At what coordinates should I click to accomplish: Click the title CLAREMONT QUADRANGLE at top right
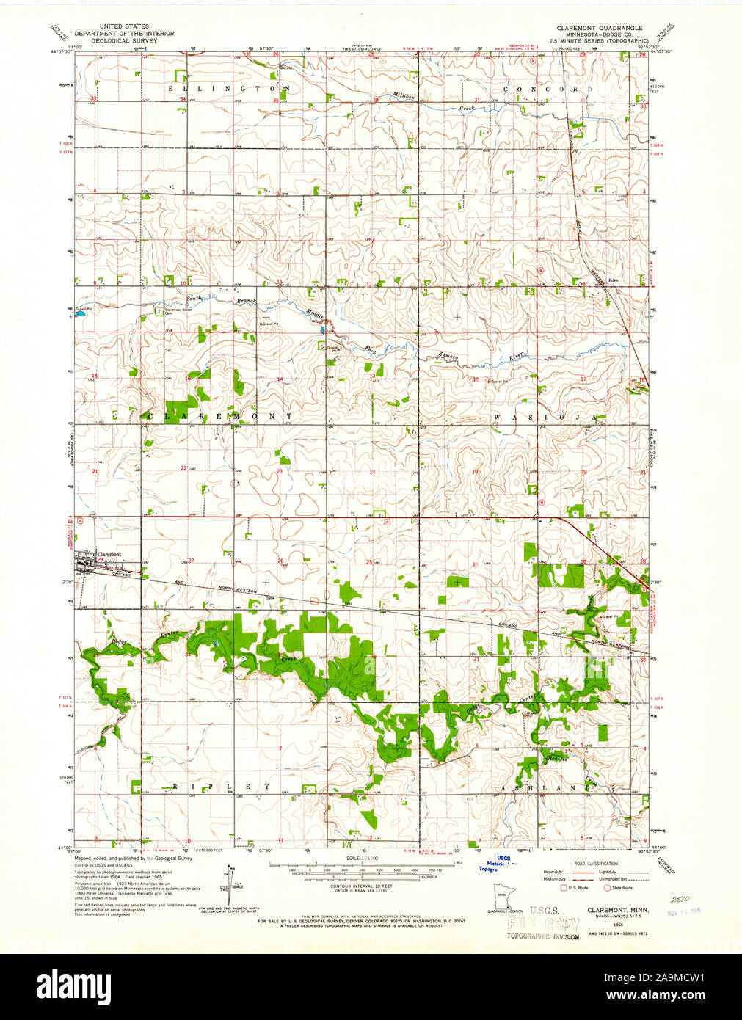point(598,27)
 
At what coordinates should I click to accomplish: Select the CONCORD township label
point(547,89)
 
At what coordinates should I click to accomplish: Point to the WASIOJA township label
point(545,417)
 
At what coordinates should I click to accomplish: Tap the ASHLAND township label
point(547,787)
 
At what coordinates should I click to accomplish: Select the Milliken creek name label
point(403,97)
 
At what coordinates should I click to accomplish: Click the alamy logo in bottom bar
point(73,985)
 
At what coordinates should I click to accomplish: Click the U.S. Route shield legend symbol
point(564,888)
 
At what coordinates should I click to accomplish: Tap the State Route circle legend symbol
point(608,888)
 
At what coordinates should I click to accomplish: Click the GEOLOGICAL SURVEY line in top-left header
point(124,41)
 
